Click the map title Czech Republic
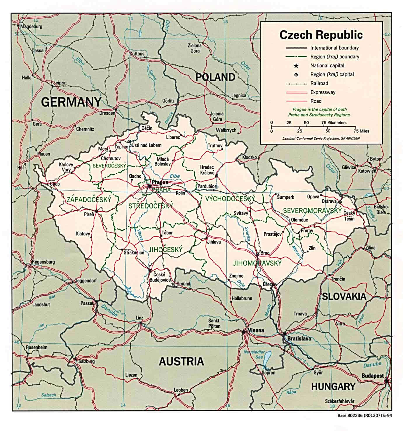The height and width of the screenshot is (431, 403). (321, 35)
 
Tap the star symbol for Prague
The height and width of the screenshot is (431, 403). (150, 186)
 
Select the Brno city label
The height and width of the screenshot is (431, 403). (265, 253)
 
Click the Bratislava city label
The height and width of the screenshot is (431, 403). (299, 338)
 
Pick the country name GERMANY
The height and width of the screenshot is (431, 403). (71, 102)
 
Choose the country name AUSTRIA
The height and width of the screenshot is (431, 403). (181, 361)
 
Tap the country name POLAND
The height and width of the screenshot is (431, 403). (215, 77)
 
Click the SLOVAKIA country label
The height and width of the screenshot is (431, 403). (344, 296)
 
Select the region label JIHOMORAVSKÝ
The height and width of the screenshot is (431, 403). (257, 263)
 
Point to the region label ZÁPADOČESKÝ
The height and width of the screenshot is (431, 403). (89, 200)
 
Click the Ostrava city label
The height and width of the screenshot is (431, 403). (329, 201)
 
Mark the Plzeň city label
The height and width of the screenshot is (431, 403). (89, 214)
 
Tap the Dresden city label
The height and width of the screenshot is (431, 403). (107, 113)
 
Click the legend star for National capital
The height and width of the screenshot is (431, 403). (296, 66)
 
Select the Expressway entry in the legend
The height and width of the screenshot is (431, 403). (323, 92)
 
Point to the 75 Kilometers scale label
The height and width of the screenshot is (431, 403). (334, 123)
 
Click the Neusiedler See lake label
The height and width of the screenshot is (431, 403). (254, 355)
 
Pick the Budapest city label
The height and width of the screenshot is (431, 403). (372, 376)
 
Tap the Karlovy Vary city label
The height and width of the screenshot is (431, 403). (66, 167)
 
